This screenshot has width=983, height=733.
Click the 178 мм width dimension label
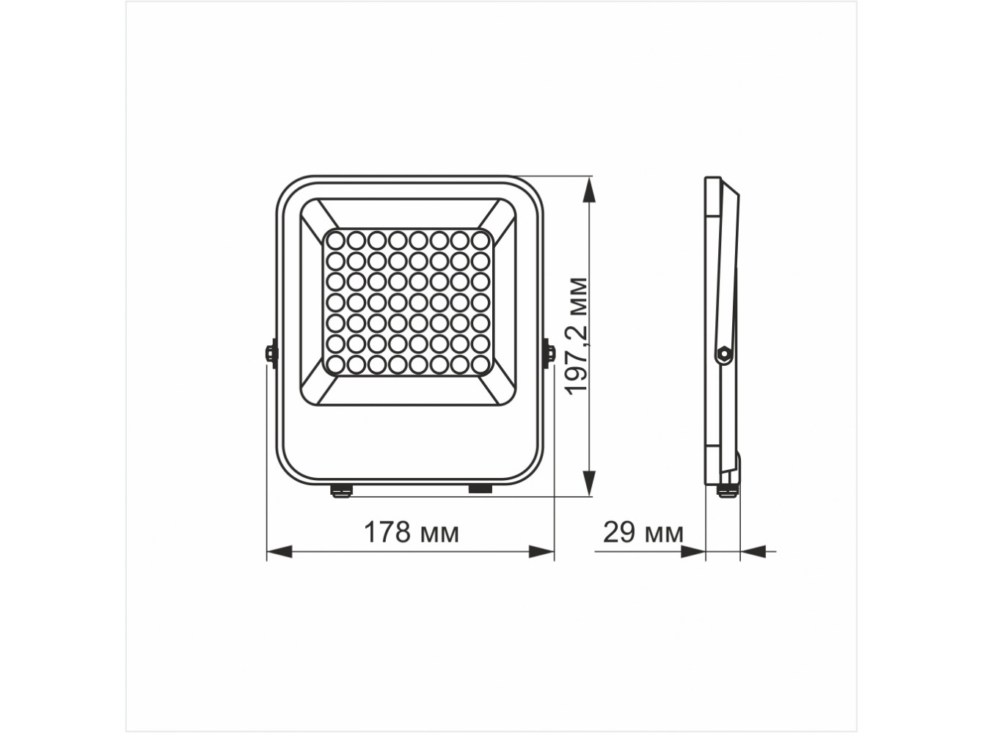(x=412, y=532)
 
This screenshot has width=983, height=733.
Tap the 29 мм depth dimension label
(x=643, y=532)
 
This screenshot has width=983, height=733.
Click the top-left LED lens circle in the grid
(x=336, y=240)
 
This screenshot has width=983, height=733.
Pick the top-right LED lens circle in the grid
(x=480, y=240)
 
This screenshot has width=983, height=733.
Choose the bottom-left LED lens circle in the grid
(x=336, y=365)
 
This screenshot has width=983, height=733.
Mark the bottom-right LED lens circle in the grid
(x=480, y=365)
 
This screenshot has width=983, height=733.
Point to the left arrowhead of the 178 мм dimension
(x=279, y=552)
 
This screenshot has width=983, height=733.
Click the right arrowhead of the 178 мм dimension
(x=541, y=552)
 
